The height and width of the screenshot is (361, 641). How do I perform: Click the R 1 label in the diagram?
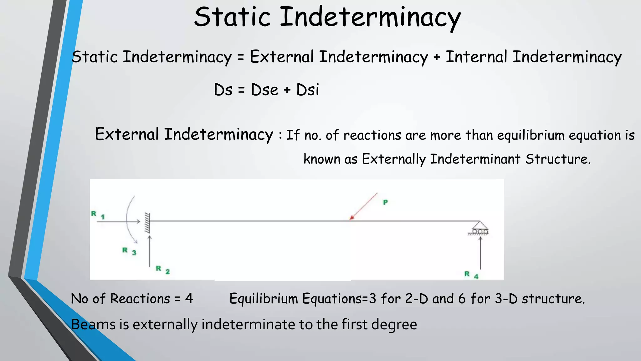(x=98, y=215)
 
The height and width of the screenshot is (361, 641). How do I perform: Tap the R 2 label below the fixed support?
(x=163, y=270)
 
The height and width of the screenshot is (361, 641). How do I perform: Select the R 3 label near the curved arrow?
(x=129, y=251)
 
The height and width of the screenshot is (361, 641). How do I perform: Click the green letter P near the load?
(x=385, y=202)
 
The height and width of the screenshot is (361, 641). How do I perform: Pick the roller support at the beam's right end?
(x=479, y=228)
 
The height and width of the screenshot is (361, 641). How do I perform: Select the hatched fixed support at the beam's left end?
(x=147, y=222)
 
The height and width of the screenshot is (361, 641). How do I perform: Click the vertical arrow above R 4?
(x=480, y=253)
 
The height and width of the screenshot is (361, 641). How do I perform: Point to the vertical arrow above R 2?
(x=150, y=251)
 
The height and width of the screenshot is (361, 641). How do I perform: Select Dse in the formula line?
(x=264, y=90)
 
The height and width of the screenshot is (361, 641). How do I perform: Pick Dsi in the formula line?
(x=307, y=90)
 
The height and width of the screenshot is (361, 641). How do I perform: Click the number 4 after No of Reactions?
(x=189, y=298)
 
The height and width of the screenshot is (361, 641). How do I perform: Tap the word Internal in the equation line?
(x=476, y=57)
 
